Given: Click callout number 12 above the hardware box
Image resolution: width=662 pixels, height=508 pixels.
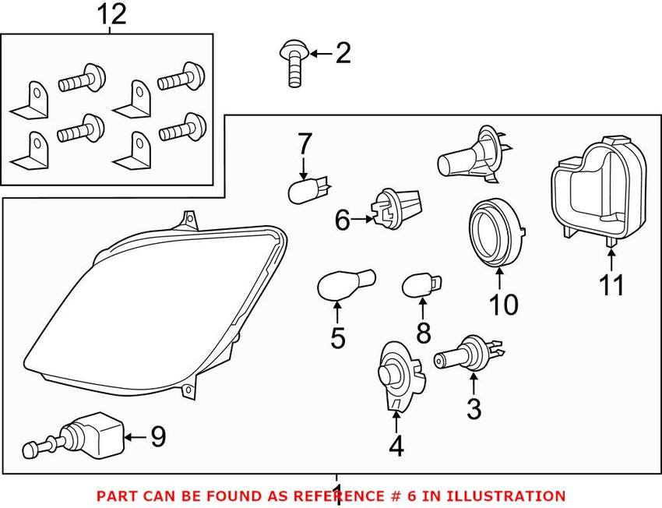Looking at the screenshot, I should [x=111, y=14].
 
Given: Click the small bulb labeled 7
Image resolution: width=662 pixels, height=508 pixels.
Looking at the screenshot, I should [x=305, y=189].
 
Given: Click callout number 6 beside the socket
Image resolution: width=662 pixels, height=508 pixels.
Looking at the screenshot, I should [x=342, y=221].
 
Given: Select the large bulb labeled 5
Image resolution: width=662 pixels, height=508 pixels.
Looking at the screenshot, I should [x=345, y=283].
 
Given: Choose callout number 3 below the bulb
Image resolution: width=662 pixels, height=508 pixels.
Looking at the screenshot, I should [x=474, y=407].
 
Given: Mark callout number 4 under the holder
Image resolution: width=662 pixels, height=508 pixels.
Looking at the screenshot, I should [x=396, y=447].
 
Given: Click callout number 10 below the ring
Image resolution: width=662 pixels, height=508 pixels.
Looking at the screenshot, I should [x=504, y=305].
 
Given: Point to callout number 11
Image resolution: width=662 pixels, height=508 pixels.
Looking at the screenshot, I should [x=612, y=285].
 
